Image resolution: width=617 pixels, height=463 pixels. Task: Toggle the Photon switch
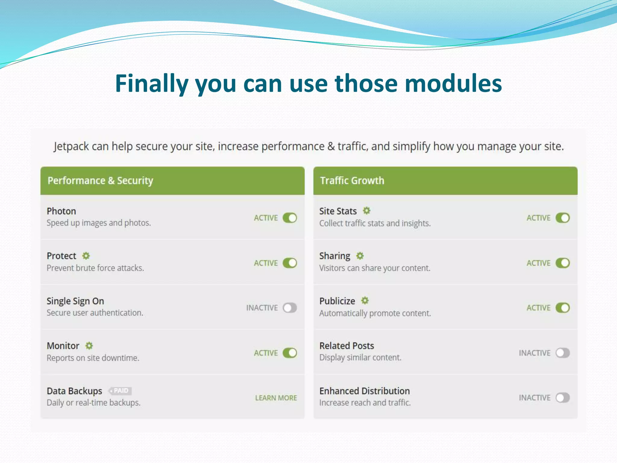290,218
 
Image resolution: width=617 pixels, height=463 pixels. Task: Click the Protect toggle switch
290,263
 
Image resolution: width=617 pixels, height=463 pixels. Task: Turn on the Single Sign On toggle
290,308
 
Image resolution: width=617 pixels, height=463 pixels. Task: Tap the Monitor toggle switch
290,353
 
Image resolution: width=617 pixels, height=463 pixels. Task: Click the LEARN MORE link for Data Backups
276,398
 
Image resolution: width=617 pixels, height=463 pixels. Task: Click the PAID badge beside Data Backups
121,391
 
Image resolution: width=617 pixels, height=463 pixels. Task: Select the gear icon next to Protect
86,256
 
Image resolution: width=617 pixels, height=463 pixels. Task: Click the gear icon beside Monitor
89,346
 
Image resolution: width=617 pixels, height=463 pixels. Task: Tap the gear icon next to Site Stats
366,211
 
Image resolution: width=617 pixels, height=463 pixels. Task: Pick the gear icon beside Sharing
360,256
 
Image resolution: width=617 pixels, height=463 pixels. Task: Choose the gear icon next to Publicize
365,301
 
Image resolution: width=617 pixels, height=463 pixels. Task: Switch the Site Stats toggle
562,218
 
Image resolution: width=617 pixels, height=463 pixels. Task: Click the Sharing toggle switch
562,263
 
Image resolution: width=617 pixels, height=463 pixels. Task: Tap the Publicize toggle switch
562,308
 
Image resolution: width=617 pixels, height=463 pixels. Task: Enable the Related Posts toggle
562,353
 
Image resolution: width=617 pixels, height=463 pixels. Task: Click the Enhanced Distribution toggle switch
562,398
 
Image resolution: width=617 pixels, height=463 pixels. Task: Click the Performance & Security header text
100,181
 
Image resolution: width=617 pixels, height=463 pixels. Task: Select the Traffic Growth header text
352,181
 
